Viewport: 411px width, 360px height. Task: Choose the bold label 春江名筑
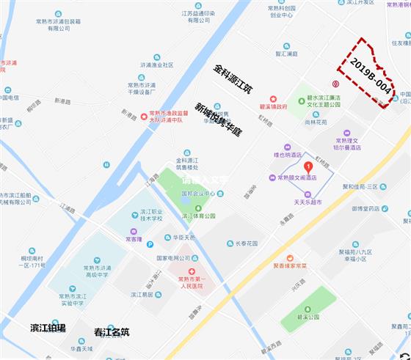click(x=112, y=332)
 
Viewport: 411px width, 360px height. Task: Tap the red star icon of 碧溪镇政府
click(x=273, y=98)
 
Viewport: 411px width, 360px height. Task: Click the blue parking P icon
click(x=150, y=245)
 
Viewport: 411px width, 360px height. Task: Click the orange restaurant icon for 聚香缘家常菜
click(x=290, y=257)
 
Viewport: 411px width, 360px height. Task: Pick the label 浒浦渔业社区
click(x=156, y=65)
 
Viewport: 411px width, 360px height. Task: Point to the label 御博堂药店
click(x=364, y=208)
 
